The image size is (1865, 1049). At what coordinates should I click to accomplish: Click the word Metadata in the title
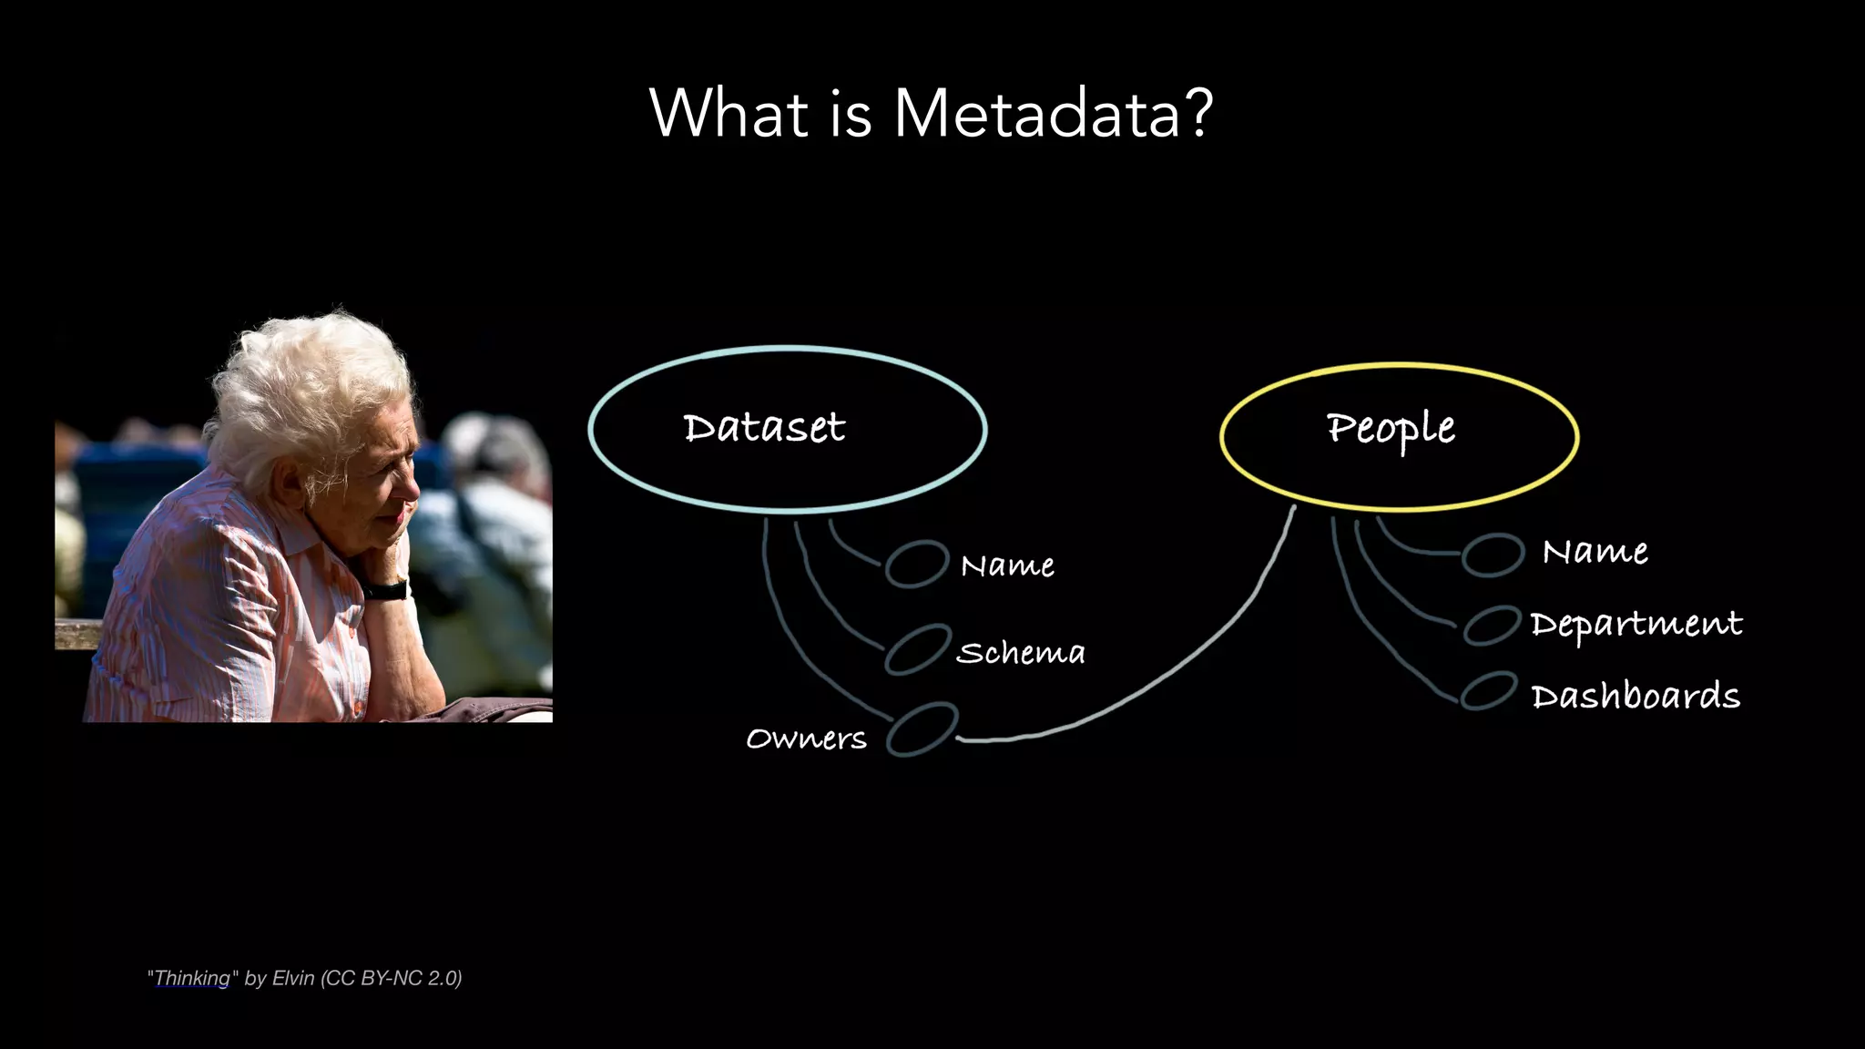(1038, 114)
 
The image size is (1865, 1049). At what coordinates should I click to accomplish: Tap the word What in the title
(729, 114)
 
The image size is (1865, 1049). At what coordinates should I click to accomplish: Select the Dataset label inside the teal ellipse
(764, 427)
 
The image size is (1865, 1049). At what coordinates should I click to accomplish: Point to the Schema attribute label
(1021, 653)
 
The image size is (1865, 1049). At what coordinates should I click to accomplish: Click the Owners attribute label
(806, 738)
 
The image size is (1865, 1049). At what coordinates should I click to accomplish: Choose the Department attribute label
(1636, 625)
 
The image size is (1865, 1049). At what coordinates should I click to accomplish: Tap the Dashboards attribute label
(1636, 697)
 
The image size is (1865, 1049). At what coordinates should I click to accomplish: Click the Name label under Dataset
(1007, 566)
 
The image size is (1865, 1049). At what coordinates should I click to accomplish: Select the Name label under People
(1595, 552)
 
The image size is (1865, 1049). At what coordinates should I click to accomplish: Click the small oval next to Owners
(922, 729)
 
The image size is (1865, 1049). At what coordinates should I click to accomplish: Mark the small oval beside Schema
(917, 649)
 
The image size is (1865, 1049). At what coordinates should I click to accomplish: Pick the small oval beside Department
(1492, 626)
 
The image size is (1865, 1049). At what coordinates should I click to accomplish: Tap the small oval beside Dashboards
(1489, 691)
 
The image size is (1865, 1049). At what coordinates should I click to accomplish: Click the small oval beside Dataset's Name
(917, 564)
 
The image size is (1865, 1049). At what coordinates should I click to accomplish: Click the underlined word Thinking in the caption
(192, 978)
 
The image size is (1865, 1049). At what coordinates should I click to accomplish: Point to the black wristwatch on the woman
(386, 591)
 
